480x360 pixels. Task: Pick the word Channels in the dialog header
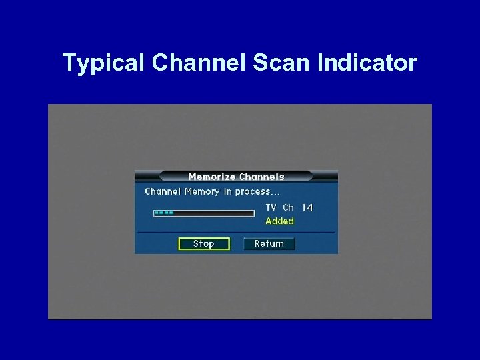[x=261, y=177]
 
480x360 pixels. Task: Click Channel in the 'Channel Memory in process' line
[x=163, y=191]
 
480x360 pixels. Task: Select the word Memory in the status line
[x=202, y=191]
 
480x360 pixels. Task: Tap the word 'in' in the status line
[x=228, y=191]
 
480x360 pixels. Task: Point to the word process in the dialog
[x=252, y=191]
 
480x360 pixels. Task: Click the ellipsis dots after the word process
[x=275, y=193]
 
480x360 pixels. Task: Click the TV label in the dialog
[x=271, y=207]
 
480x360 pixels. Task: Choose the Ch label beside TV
[x=288, y=207]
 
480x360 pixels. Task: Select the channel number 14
[x=307, y=208]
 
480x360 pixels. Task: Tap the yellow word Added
[x=279, y=221]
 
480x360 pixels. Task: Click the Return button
[x=269, y=243]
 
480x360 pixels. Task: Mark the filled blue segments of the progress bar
[x=164, y=213]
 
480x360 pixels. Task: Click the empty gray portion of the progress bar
[x=213, y=213]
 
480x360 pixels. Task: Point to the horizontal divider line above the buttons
[x=236, y=232]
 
